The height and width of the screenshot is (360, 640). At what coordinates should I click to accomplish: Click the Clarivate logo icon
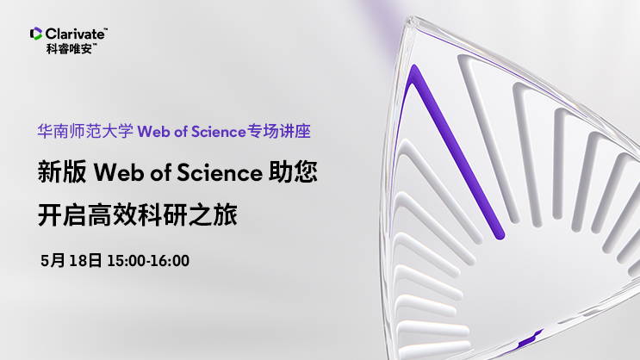click(x=36, y=34)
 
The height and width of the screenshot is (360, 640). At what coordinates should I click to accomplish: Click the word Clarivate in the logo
click(x=75, y=34)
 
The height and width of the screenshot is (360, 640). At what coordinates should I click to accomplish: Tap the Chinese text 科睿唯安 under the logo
click(x=69, y=49)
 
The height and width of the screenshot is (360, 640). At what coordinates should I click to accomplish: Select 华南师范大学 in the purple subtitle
click(x=85, y=132)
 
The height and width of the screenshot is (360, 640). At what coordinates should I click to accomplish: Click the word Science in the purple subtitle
click(x=219, y=132)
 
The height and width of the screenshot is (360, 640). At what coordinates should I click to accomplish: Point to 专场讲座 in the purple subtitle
click(x=279, y=132)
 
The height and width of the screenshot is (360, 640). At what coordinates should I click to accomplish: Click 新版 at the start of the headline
click(x=62, y=172)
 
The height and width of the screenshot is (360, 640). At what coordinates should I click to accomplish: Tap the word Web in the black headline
click(x=118, y=172)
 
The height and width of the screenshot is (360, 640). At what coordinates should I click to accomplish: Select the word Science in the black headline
click(x=220, y=172)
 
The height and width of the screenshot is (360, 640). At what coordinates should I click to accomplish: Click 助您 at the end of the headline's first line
click(x=293, y=172)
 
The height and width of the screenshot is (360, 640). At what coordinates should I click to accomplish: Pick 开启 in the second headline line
click(x=62, y=215)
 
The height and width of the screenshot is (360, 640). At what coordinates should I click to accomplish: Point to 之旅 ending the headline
click(x=212, y=215)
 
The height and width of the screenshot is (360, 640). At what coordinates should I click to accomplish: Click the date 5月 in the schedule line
click(x=53, y=260)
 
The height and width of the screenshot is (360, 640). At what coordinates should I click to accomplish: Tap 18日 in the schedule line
click(x=85, y=260)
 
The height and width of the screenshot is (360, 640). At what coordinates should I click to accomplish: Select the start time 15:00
click(x=126, y=261)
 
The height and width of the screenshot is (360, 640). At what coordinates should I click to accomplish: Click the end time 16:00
click(x=171, y=261)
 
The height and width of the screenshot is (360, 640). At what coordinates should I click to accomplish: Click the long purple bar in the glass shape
click(x=457, y=151)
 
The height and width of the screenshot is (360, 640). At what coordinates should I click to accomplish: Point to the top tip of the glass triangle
click(x=410, y=18)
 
